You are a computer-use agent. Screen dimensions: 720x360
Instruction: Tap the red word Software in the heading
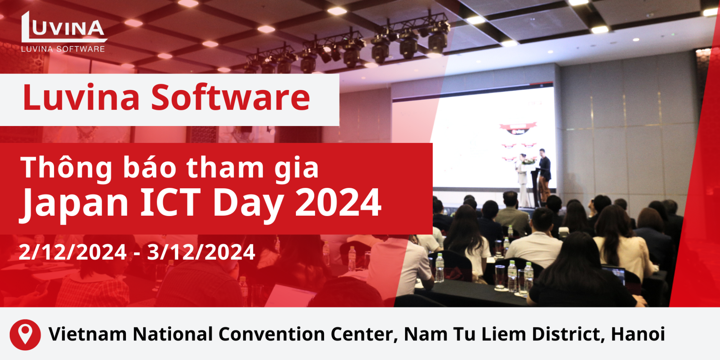click(231, 97)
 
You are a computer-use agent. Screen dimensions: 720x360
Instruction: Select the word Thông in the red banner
click(66, 168)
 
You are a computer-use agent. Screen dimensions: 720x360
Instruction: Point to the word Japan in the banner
click(74, 204)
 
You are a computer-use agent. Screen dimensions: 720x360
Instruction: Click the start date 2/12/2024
click(73, 252)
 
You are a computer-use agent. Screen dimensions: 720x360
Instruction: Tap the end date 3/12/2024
click(201, 252)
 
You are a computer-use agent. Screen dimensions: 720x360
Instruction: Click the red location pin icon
click(25, 334)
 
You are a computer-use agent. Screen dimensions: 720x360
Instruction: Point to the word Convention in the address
click(271, 334)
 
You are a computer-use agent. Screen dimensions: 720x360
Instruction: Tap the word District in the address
click(568, 334)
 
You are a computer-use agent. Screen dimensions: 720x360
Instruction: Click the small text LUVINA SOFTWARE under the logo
click(63, 49)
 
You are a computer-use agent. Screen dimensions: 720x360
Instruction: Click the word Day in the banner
click(248, 204)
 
